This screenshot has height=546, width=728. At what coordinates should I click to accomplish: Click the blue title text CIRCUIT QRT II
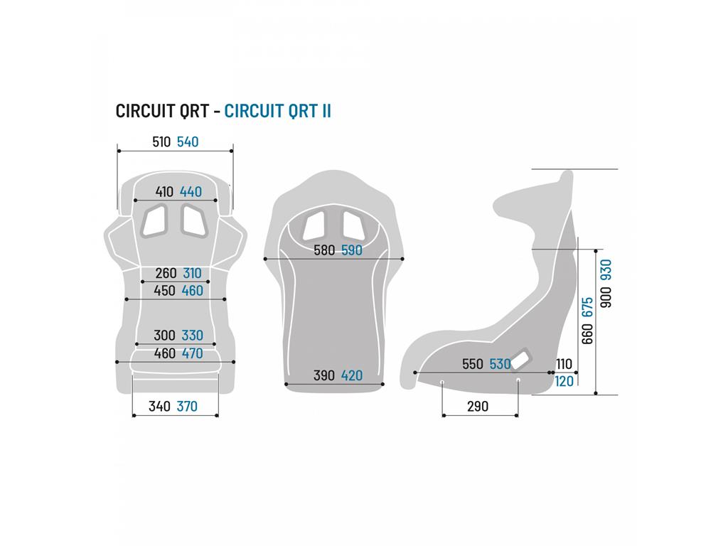[x=277, y=111]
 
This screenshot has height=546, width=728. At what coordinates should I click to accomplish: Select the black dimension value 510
[x=161, y=141]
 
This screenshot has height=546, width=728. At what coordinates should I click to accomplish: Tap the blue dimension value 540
[x=188, y=141]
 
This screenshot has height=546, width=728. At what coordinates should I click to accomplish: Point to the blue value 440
[x=191, y=192]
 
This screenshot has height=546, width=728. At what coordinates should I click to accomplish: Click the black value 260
[x=166, y=273]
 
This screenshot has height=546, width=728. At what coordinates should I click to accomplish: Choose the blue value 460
[x=192, y=291]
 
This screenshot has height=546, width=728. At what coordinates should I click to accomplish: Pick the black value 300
[x=164, y=336]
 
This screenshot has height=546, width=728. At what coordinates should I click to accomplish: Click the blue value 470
[x=192, y=353]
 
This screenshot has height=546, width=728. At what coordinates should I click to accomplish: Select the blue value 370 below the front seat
[x=187, y=406]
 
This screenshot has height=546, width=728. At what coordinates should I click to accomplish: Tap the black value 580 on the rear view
[x=324, y=250]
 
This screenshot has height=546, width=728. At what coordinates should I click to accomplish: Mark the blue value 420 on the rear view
[x=351, y=375]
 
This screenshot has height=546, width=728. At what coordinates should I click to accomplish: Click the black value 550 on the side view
[x=473, y=364]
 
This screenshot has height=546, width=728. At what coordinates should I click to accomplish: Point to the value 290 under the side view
[x=478, y=406]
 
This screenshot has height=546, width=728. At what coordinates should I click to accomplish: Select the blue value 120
[x=564, y=381]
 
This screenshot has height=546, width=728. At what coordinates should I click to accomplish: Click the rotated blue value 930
[x=606, y=269]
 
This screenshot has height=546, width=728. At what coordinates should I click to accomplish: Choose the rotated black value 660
[x=587, y=334]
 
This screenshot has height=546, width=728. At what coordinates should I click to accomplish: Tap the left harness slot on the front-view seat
[x=154, y=220]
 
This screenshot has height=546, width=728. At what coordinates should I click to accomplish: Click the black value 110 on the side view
[x=564, y=364]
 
